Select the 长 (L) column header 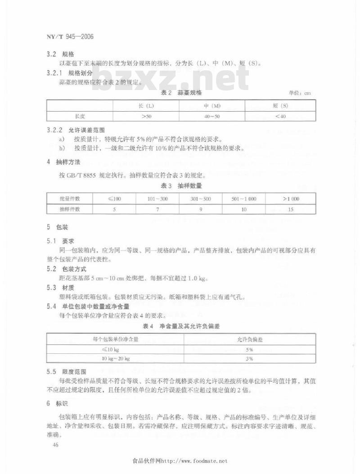tap(146, 106)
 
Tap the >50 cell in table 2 tap(146, 116)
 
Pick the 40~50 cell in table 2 tap(211, 116)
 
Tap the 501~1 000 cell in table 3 tap(243, 199)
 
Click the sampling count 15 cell tap(291, 209)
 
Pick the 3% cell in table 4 tap(250, 359)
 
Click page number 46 tap(56, 445)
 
